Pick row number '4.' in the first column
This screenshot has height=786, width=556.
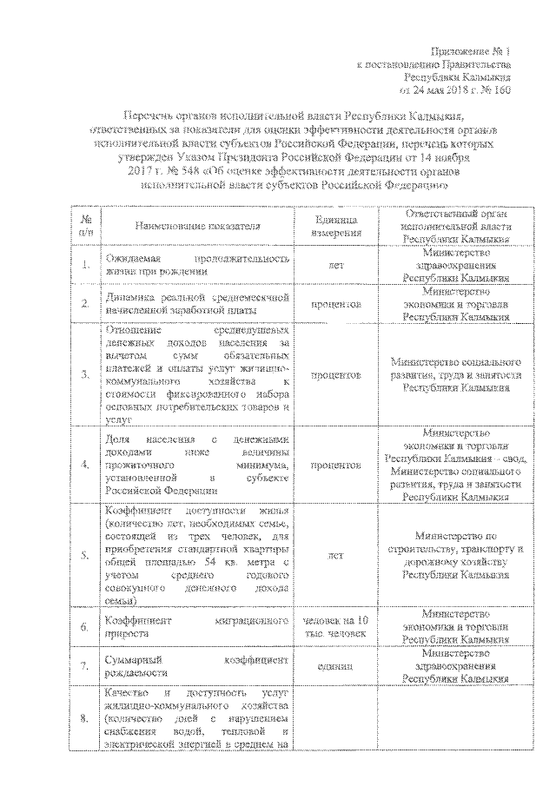[85, 465]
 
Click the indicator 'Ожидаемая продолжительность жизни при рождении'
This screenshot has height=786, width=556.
[195, 266]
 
